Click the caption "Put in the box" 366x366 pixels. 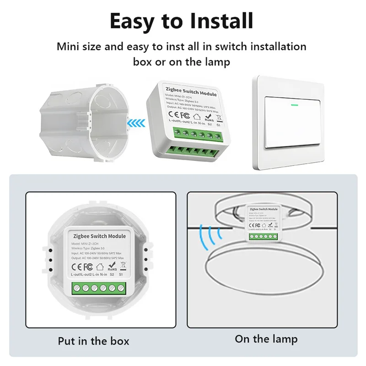[x=93, y=341]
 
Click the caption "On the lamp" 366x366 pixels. [x=266, y=339]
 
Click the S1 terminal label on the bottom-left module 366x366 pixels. [x=121, y=274]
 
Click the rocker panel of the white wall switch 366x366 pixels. [x=292, y=123]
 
